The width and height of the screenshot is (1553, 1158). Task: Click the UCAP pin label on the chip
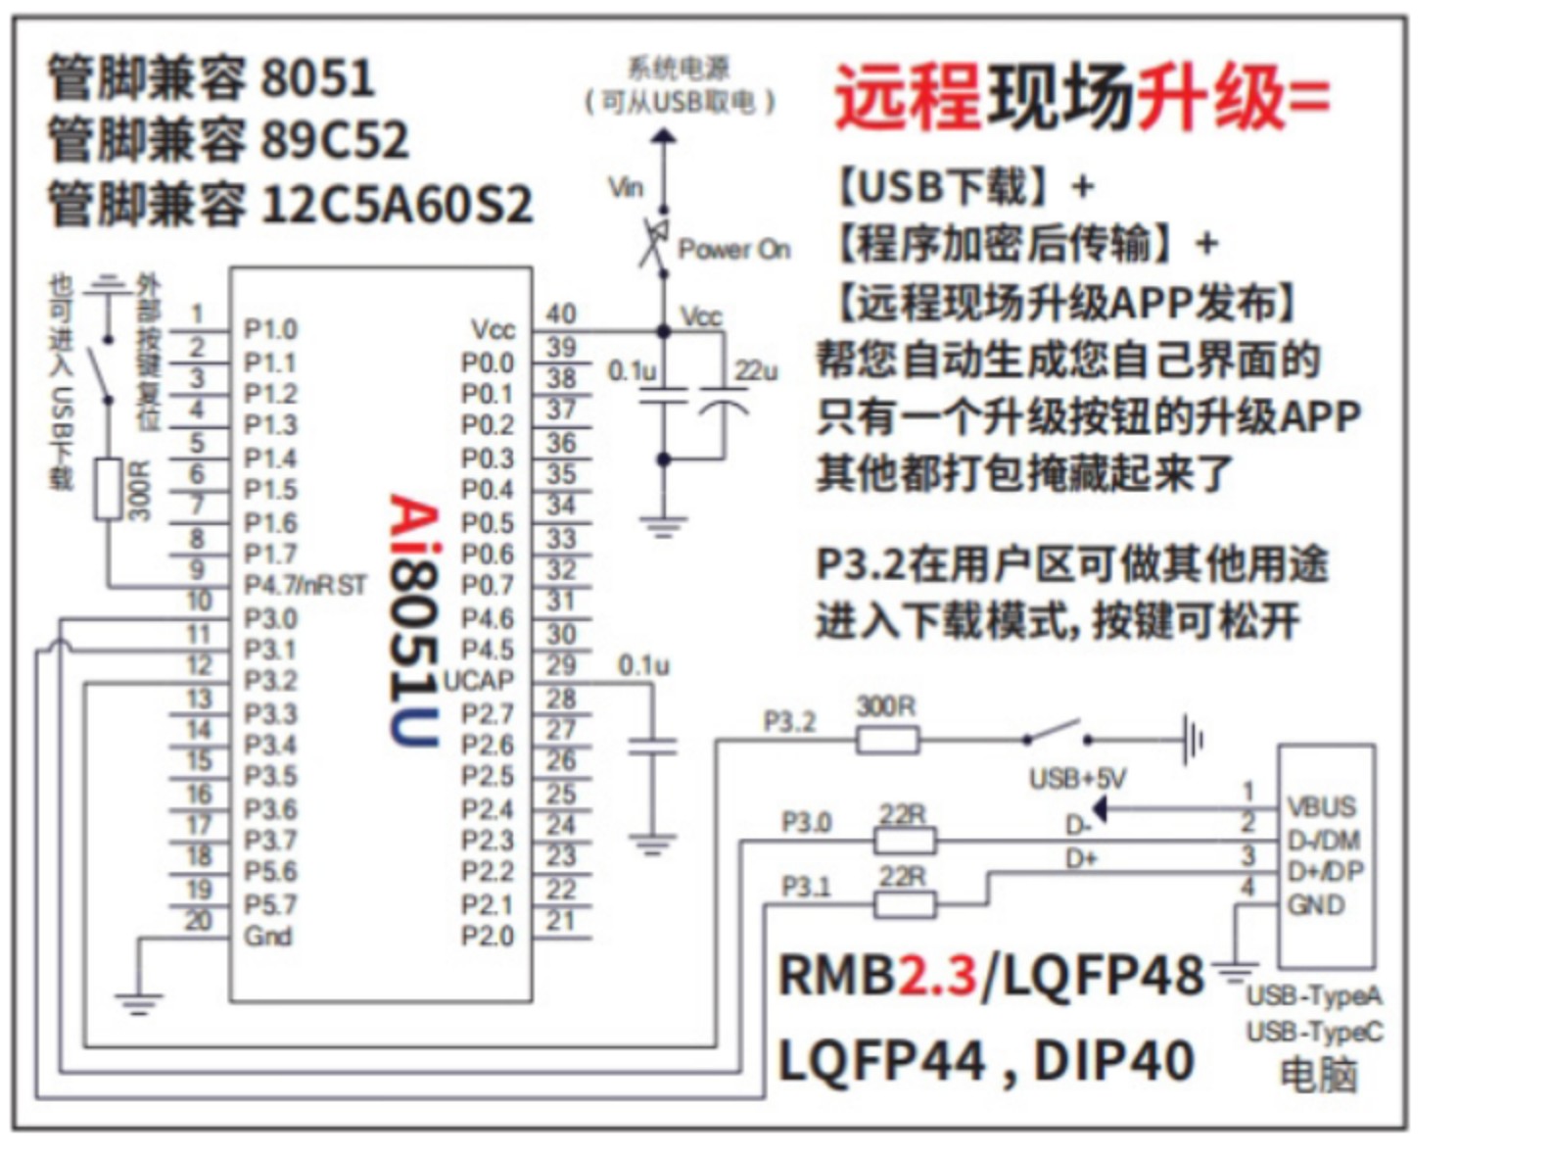click(x=479, y=681)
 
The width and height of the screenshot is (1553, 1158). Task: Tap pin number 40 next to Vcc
click(x=560, y=314)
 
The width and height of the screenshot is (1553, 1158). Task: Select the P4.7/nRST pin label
click(x=305, y=585)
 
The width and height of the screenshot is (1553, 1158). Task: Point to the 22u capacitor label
click(x=756, y=370)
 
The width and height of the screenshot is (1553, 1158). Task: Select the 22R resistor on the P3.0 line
click(x=904, y=841)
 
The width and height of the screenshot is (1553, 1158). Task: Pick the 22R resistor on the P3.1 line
click(x=904, y=904)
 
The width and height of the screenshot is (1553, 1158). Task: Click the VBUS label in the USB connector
click(x=1322, y=806)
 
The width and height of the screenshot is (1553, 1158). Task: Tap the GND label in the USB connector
click(x=1316, y=904)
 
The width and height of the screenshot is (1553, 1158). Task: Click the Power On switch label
click(x=734, y=249)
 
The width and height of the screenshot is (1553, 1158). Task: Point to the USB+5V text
click(x=1077, y=779)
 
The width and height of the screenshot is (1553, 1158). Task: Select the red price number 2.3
click(x=938, y=975)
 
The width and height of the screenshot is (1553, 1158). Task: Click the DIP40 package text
click(x=1113, y=1060)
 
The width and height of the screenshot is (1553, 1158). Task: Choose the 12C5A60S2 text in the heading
click(x=398, y=205)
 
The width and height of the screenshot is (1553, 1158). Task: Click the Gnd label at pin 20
click(x=268, y=936)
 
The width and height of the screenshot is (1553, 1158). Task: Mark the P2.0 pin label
click(x=488, y=936)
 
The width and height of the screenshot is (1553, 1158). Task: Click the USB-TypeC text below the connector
click(x=1314, y=1032)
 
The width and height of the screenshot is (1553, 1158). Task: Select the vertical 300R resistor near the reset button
click(x=109, y=488)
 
